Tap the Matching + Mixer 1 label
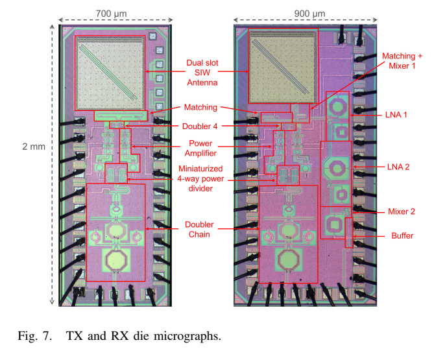pos(403,62)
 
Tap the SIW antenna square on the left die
pos(110,71)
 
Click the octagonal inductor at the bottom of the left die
pos(115,259)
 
